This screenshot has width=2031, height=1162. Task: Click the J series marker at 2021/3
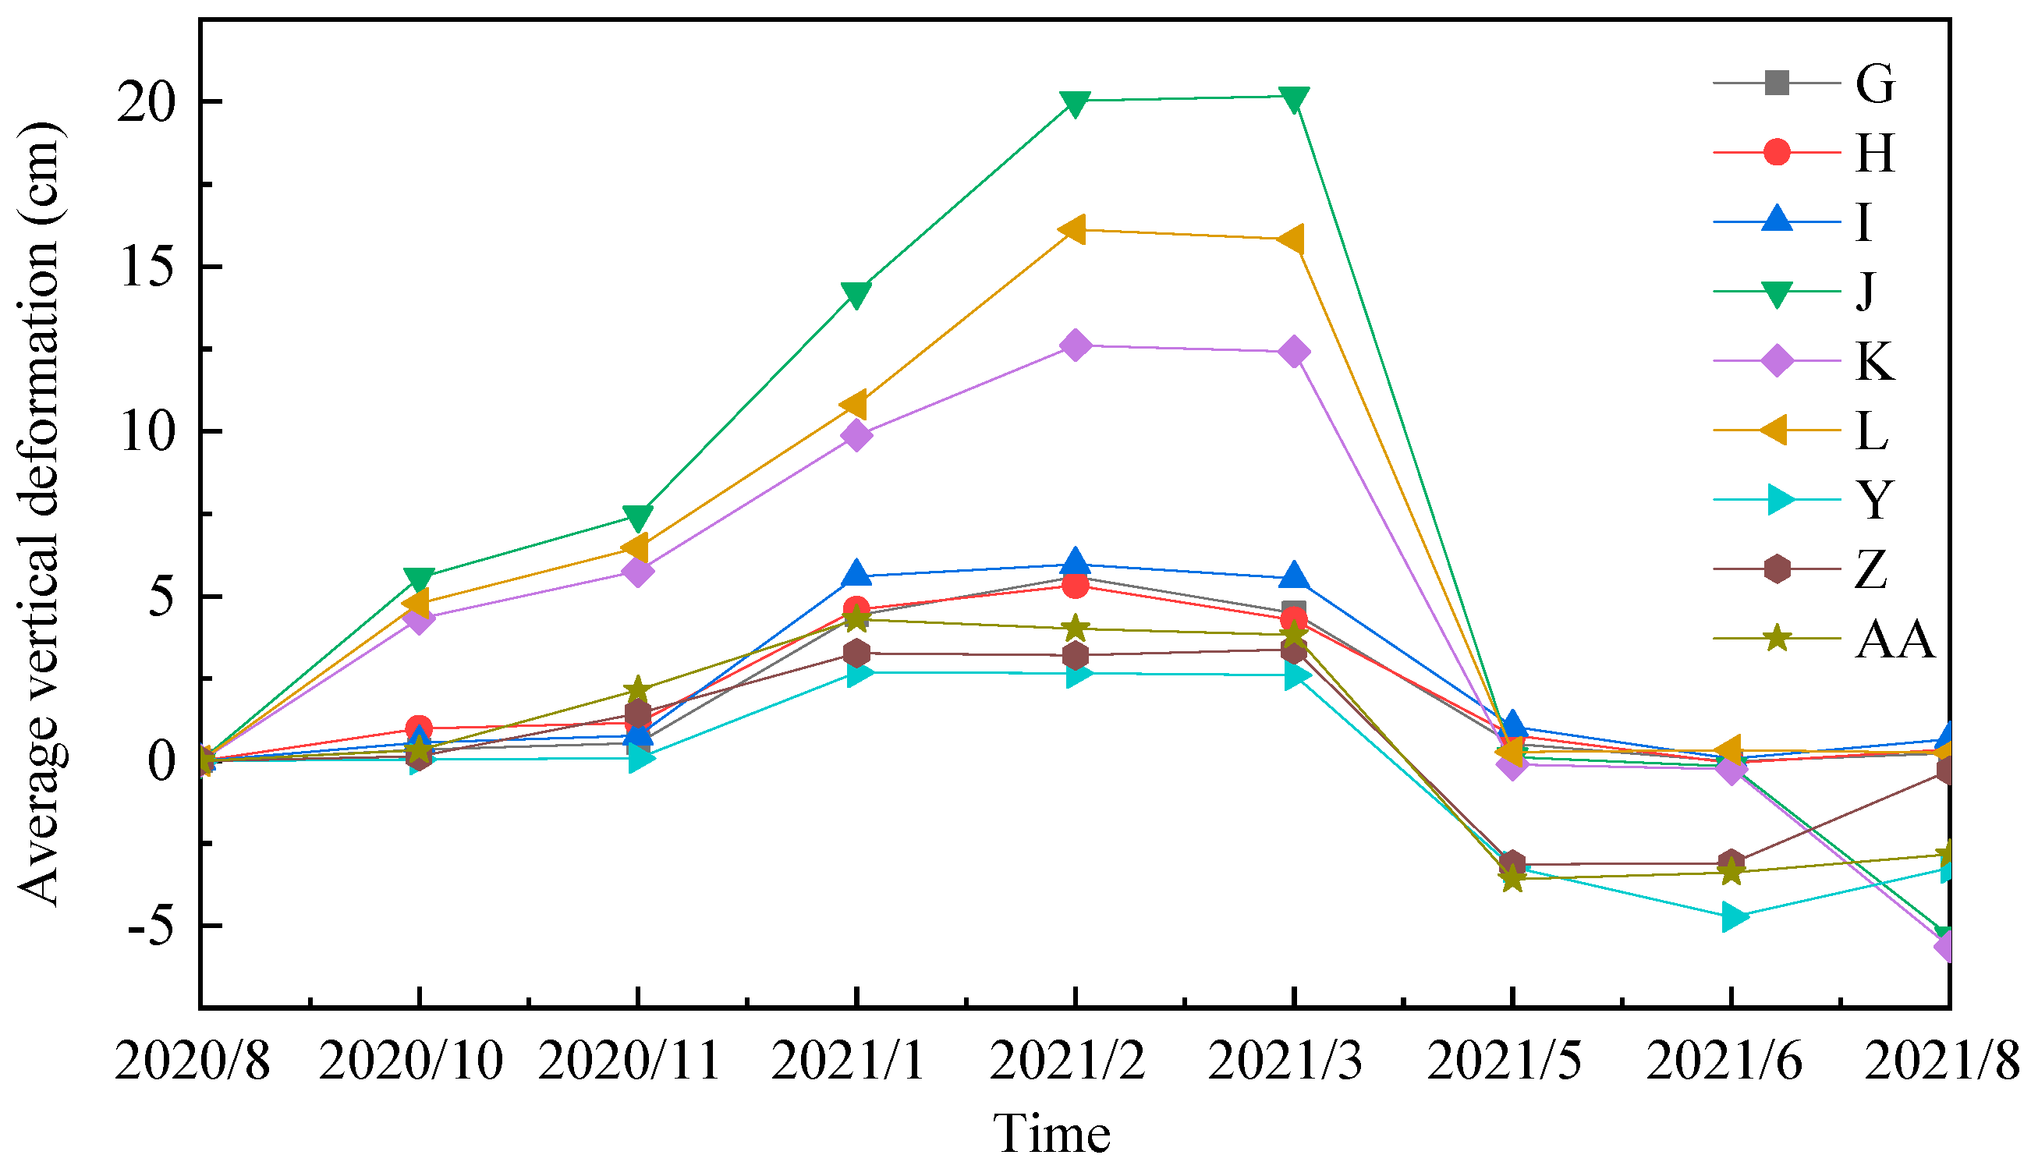[1294, 99]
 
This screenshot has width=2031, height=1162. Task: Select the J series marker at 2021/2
[1075, 104]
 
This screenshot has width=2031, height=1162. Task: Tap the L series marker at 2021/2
[1074, 230]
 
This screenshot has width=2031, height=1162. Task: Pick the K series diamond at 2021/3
[1294, 352]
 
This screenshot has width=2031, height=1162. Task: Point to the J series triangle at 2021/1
[856, 296]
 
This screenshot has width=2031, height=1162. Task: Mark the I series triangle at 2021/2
[1075, 562]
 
